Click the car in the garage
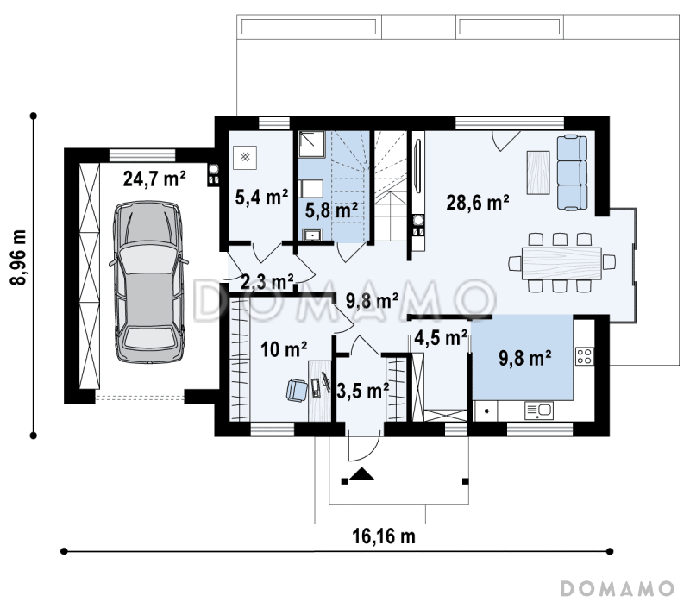(x=148, y=282)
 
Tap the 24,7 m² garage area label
(x=154, y=179)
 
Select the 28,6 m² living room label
(x=478, y=203)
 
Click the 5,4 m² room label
(x=261, y=197)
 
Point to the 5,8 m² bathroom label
(x=331, y=210)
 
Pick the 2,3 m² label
(x=267, y=282)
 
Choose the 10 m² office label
(x=284, y=349)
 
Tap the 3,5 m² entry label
(x=362, y=391)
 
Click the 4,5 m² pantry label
(x=441, y=338)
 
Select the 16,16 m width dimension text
(x=384, y=536)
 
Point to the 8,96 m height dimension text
(x=19, y=257)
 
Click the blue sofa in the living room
(x=572, y=172)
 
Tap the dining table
(x=561, y=263)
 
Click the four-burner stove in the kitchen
(x=585, y=356)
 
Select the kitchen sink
(x=539, y=411)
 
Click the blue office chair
(x=297, y=391)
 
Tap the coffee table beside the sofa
(x=538, y=172)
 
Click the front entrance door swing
(x=363, y=447)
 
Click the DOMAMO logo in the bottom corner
(x=618, y=588)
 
